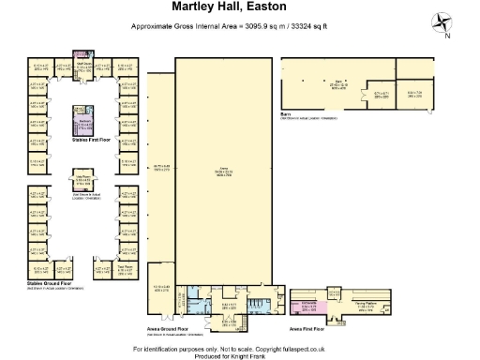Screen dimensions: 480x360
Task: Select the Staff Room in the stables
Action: pyautogui.click(x=82, y=66)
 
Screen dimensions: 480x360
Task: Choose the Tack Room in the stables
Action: pyautogui.click(x=125, y=268)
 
